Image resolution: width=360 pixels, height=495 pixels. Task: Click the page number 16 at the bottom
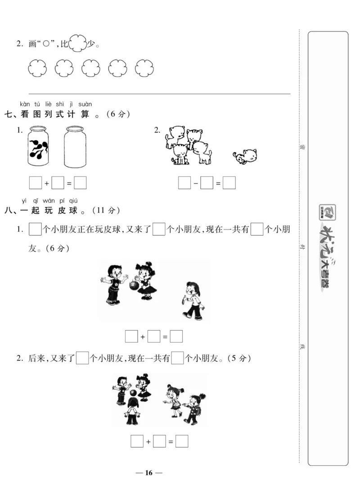click(x=149, y=472)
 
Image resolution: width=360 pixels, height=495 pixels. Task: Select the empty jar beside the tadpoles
click(x=75, y=146)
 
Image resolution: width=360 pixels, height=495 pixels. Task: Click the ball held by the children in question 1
click(x=133, y=285)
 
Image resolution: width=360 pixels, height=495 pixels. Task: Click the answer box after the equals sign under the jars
click(x=81, y=183)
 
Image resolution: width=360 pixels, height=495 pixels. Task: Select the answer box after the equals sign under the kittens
click(x=229, y=183)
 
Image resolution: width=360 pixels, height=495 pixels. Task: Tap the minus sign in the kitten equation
click(x=196, y=184)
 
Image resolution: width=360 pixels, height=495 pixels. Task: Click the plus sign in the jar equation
click(x=47, y=184)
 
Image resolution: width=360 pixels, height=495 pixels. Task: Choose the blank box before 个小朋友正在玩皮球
click(x=35, y=230)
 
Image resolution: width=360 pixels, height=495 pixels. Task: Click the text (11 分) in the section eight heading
click(x=106, y=210)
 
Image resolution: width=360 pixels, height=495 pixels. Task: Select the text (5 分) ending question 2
click(x=239, y=359)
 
